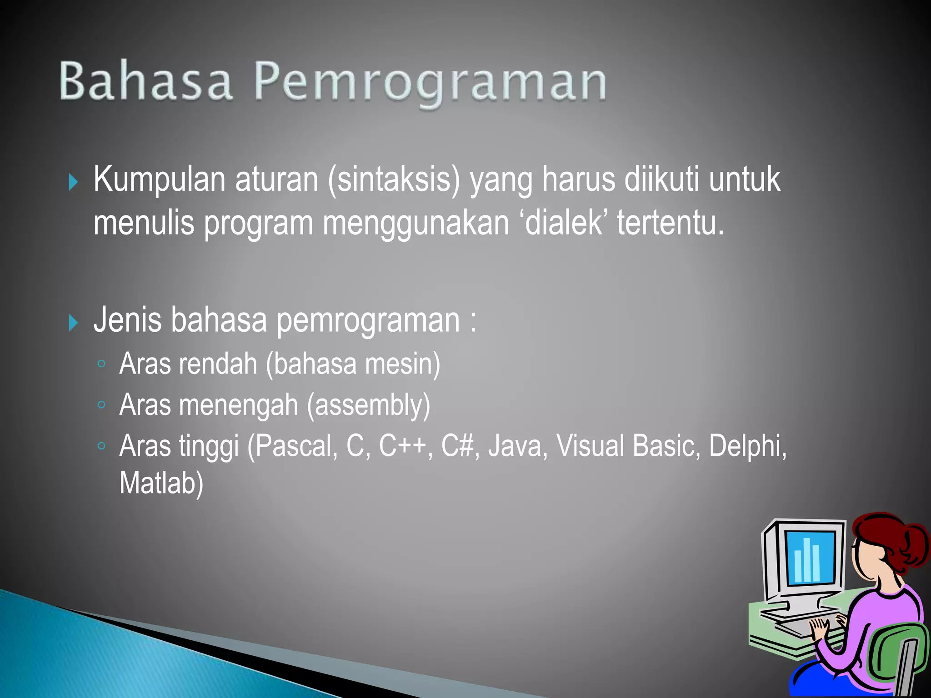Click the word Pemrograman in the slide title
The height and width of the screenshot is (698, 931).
pyautogui.click(x=430, y=82)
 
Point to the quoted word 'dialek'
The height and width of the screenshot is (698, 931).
pyautogui.click(x=564, y=224)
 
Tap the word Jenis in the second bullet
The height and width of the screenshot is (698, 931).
pyautogui.click(x=128, y=320)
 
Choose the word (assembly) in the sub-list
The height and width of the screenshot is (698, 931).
pyautogui.click(x=368, y=405)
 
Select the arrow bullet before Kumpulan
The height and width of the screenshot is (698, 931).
pyautogui.click(x=73, y=182)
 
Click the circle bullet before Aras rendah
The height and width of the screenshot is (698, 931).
pyautogui.click(x=102, y=364)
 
